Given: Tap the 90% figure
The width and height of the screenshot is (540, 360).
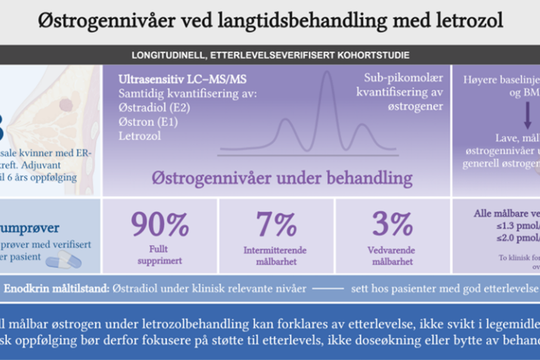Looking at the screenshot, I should tap(160, 224).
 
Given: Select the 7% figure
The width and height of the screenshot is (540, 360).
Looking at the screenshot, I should tap(277, 224).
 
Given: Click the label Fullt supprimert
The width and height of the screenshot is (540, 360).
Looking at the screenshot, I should tap(160, 256).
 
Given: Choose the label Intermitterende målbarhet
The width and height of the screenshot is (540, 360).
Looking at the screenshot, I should tap(277, 256).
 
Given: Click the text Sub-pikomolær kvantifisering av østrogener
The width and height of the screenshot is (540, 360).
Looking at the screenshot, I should tap(399, 92).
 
